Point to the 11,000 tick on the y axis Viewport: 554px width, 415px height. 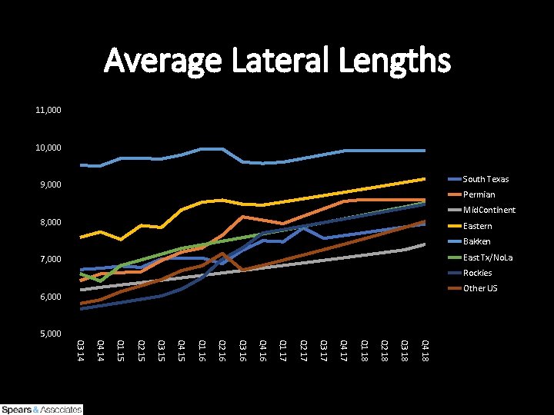(x=48, y=111)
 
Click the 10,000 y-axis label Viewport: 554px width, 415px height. (x=48, y=148)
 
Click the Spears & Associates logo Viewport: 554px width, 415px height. (x=42, y=409)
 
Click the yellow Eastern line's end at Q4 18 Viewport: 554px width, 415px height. (x=425, y=178)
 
